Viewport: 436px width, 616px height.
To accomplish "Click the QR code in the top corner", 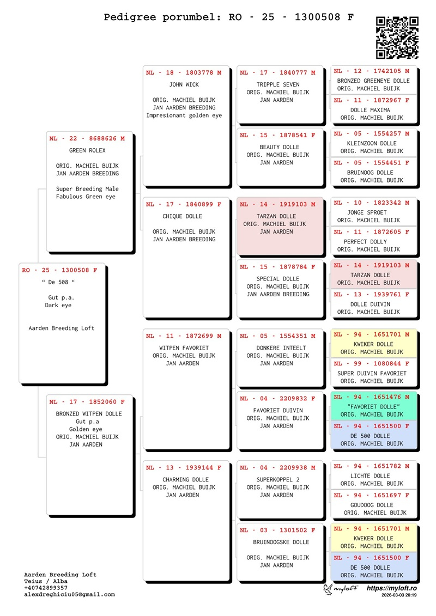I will tap(398, 37).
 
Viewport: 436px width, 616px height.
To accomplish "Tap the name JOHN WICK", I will tap(184, 85).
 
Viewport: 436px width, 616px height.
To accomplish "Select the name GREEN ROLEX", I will tap(87, 151).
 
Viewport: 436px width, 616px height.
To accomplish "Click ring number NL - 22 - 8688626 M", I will tap(87, 139).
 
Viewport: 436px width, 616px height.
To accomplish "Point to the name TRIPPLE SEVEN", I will tap(278, 85).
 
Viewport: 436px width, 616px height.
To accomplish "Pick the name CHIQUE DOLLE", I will tap(182, 217).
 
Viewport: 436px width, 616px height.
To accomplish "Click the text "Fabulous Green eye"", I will tap(86, 197).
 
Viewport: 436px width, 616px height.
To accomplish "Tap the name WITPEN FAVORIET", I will tap(184, 348).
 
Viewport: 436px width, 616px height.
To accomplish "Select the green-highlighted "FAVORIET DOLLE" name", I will tap(373, 407).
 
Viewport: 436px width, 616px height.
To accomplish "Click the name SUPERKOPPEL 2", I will tap(278, 480).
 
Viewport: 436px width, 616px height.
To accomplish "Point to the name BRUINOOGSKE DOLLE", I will tap(281, 542).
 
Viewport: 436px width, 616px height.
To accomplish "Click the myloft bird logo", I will tap(329, 589).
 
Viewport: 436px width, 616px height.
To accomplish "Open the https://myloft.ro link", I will tap(391, 589).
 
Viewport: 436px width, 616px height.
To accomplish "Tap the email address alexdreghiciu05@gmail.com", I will tap(69, 595).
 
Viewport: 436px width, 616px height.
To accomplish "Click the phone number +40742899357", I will tap(46, 588).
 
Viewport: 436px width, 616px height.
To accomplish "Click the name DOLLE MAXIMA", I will tap(370, 110).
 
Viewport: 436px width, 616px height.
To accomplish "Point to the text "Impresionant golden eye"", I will tap(184, 115).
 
